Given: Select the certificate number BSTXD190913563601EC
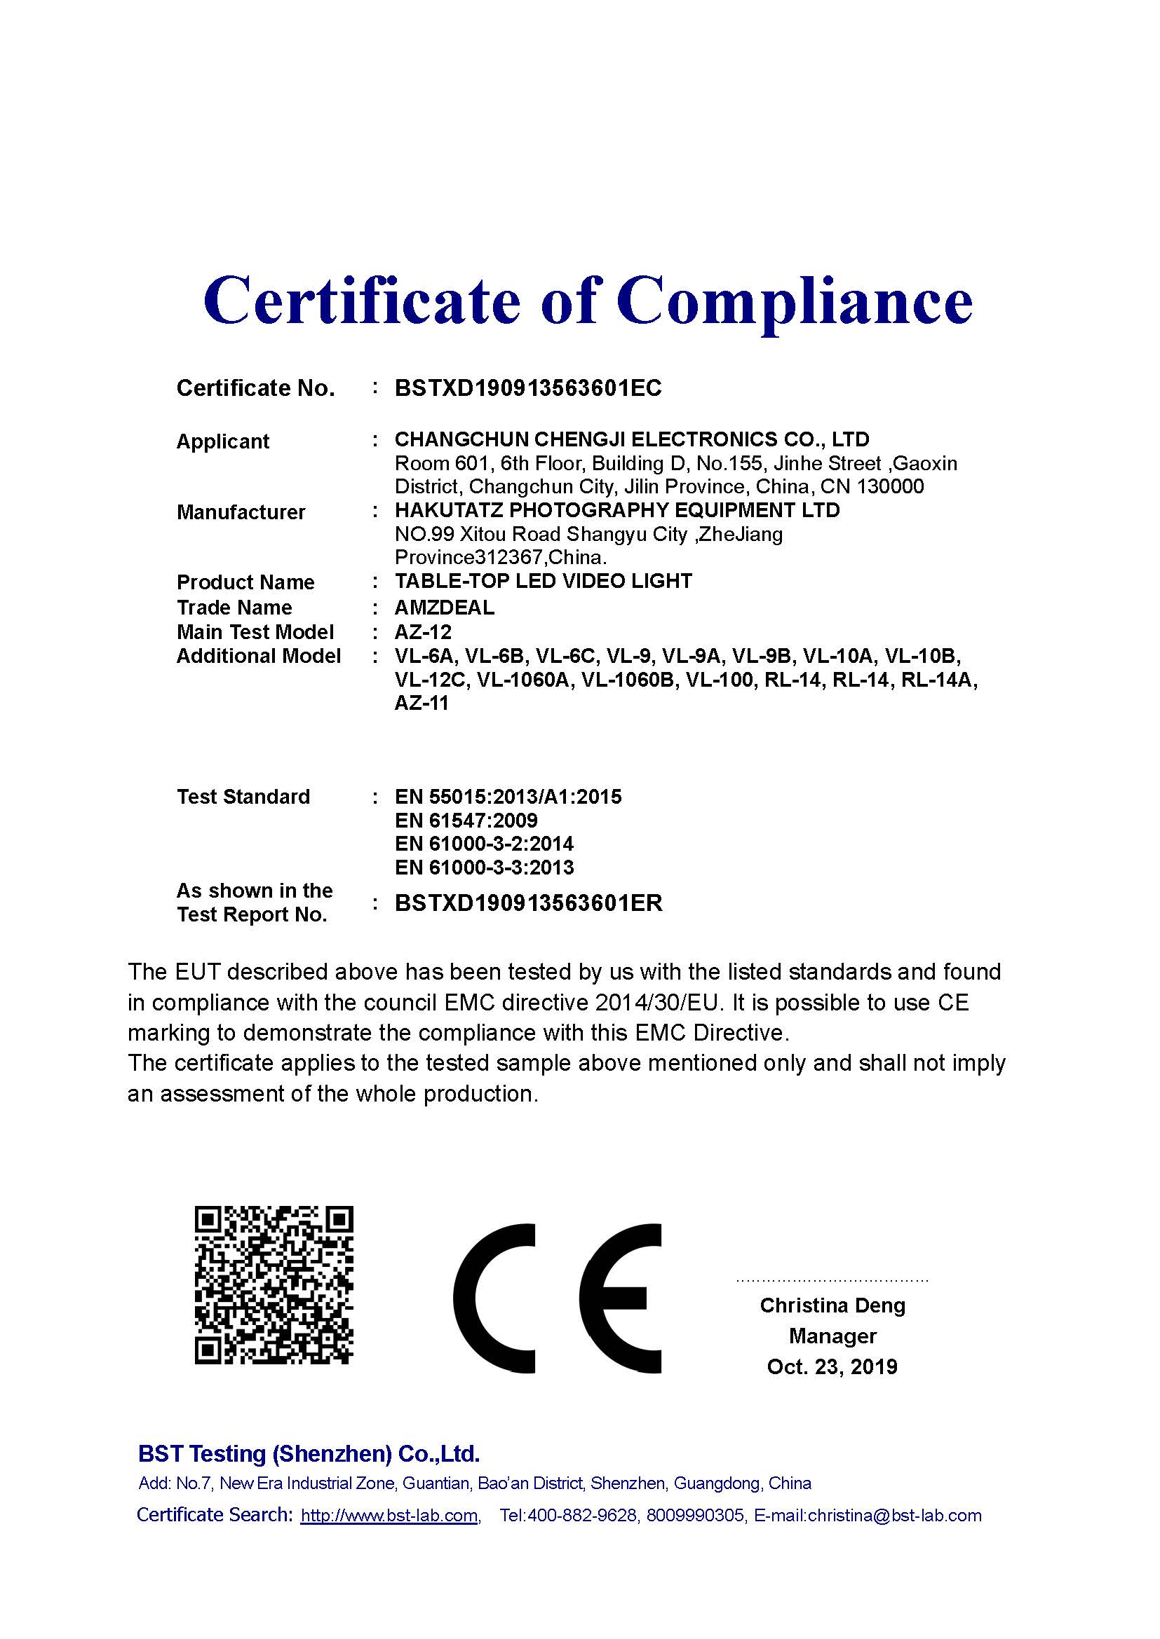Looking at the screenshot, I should pyautogui.click(x=528, y=388).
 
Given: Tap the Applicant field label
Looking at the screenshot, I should pyautogui.click(x=222, y=441).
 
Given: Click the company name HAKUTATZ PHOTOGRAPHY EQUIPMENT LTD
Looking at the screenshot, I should pyautogui.click(x=617, y=510).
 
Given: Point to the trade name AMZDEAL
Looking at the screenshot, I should pyautogui.click(x=444, y=608).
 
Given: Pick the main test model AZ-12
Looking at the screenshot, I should pyautogui.click(x=423, y=632).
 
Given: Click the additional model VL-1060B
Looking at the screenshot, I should pyautogui.click(x=628, y=680).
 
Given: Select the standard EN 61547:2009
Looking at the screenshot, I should pyautogui.click(x=466, y=821).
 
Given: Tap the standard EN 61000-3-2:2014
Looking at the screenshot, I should pyautogui.click(x=484, y=844).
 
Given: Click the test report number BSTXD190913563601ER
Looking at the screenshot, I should pyautogui.click(x=528, y=903).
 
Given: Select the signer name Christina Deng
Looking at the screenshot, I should pyautogui.click(x=832, y=1305).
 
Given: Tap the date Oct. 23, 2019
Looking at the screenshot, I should pyautogui.click(x=832, y=1366).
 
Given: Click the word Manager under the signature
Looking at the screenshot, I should pyautogui.click(x=832, y=1336).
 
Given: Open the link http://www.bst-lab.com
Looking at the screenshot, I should pyautogui.click(x=389, y=1516).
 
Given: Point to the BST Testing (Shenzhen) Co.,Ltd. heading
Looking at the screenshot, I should pyautogui.click(x=309, y=1453).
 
